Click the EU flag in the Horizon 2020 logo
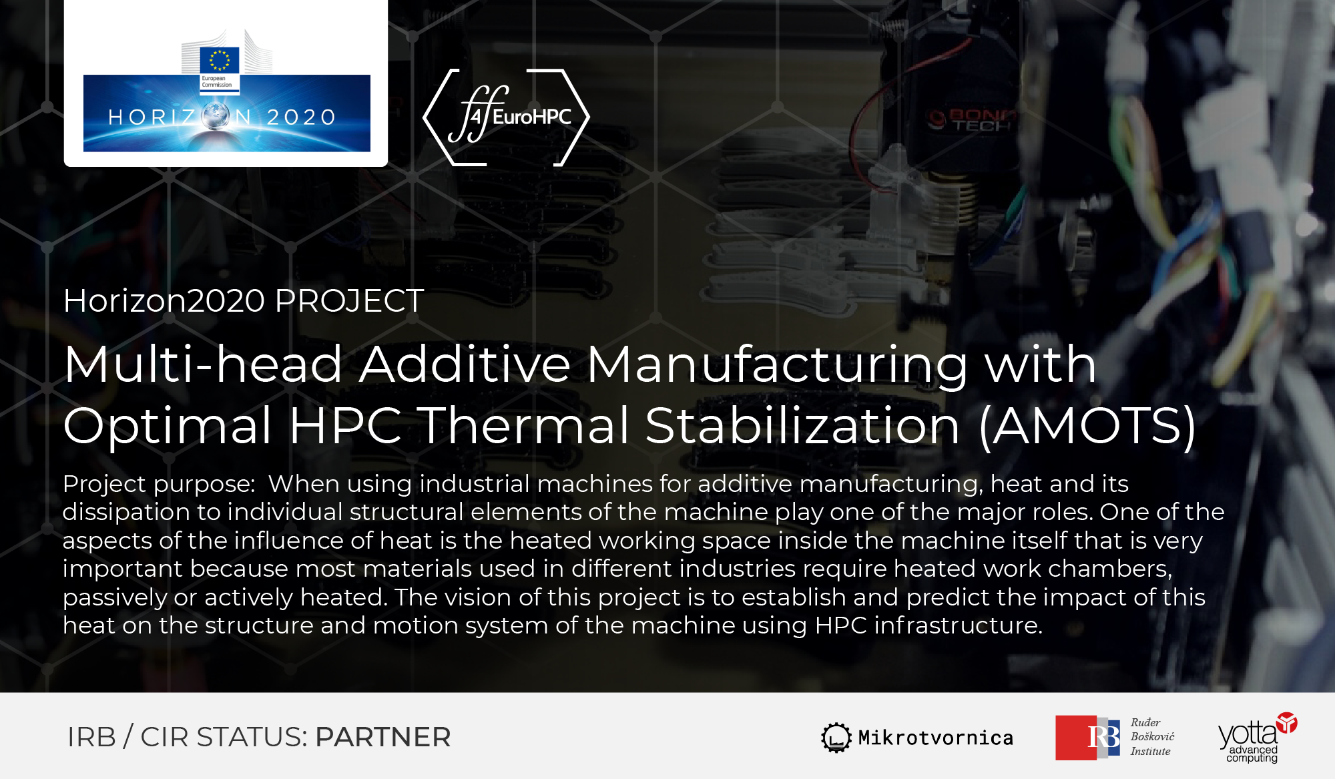point(220,60)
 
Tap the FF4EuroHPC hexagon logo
point(507,117)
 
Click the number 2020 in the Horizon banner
point(302,117)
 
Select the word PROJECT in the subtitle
point(349,301)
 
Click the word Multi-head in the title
point(204,364)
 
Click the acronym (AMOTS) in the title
point(1087,425)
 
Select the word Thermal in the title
point(525,425)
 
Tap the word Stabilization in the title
point(802,425)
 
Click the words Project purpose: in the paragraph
point(159,484)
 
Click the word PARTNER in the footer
point(383,737)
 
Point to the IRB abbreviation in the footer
point(91,737)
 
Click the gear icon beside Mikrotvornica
point(836,738)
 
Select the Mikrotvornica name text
point(936,738)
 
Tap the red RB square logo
point(1087,738)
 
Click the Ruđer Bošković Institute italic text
point(1152,737)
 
